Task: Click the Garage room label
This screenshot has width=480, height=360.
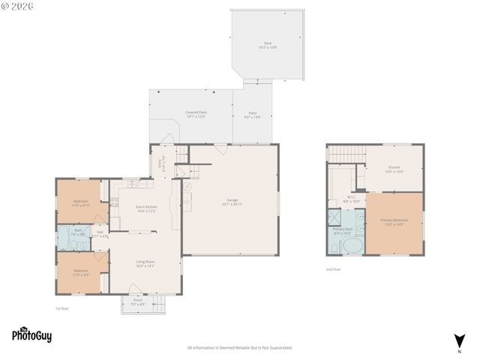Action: pyautogui.click(x=232, y=202)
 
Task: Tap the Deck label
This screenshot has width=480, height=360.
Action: pyautogui.click(x=268, y=45)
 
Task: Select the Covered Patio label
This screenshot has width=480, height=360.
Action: pyautogui.click(x=196, y=114)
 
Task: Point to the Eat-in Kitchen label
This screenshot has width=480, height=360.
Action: pyautogui.click(x=146, y=208)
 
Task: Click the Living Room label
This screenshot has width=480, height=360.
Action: pyautogui.click(x=145, y=264)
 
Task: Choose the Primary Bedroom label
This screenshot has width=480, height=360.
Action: pyautogui.click(x=394, y=223)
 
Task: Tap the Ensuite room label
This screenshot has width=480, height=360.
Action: pyautogui.click(x=394, y=169)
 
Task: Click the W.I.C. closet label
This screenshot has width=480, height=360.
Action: pyautogui.click(x=351, y=200)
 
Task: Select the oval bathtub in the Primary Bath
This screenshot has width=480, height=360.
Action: pyautogui.click(x=351, y=246)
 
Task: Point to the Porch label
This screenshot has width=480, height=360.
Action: pyautogui.click(x=138, y=302)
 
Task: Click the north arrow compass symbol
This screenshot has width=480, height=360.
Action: pyautogui.click(x=459, y=341)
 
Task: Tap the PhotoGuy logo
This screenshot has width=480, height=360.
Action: pyautogui.click(x=31, y=335)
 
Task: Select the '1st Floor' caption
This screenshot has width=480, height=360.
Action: pyautogui.click(x=62, y=309)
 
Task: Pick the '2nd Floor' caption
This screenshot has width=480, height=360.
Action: pyautogui.click(x=333, y=269)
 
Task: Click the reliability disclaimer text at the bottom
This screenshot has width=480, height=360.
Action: pyautogui.click(x=239, y=347)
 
